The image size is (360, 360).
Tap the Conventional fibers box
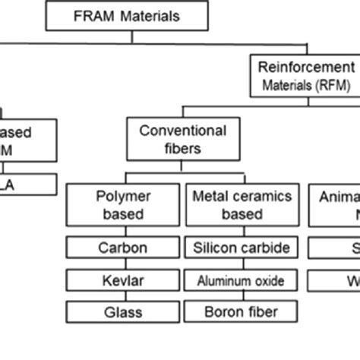point(182,140)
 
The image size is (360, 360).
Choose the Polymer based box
point(122,205)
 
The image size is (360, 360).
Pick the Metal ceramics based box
point(241,205)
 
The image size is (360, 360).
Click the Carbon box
point(122,248)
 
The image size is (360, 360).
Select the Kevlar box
point(122,280)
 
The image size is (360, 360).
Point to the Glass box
point(122,311)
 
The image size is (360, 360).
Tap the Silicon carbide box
point(241,248)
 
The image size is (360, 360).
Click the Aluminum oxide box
point(241,280)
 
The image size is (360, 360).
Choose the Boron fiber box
point(241,311)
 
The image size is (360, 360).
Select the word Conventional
point(182,131)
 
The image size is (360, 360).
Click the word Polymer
point(122,196)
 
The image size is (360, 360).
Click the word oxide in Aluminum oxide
point(268,280)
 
